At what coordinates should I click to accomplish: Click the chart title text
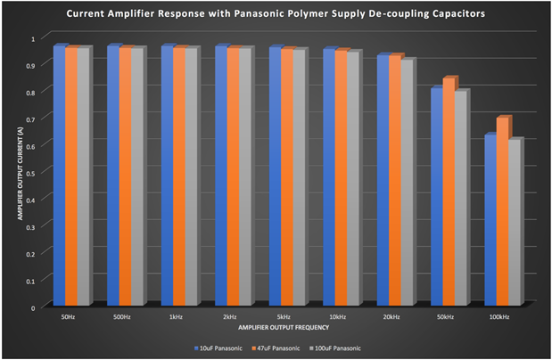(276, 15)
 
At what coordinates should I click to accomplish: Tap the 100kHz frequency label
(498, 315)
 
